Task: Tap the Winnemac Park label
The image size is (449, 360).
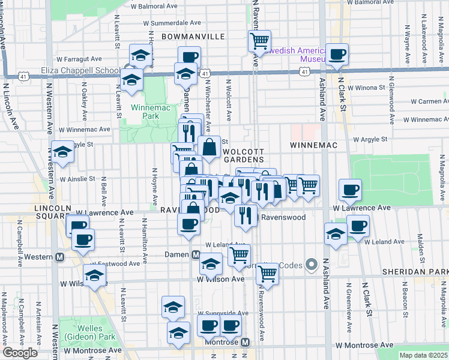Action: click(142, 112)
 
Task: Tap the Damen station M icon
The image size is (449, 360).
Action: click(196, 255)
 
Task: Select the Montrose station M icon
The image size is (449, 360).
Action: click(246, 342)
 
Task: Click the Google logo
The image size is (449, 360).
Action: click(20, 352)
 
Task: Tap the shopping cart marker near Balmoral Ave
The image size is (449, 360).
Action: click(259, 41)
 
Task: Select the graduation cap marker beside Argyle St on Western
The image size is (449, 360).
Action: click(62, 152)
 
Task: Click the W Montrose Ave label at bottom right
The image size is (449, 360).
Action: click(364, 346)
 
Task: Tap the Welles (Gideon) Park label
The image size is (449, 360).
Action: click(82, 332)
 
